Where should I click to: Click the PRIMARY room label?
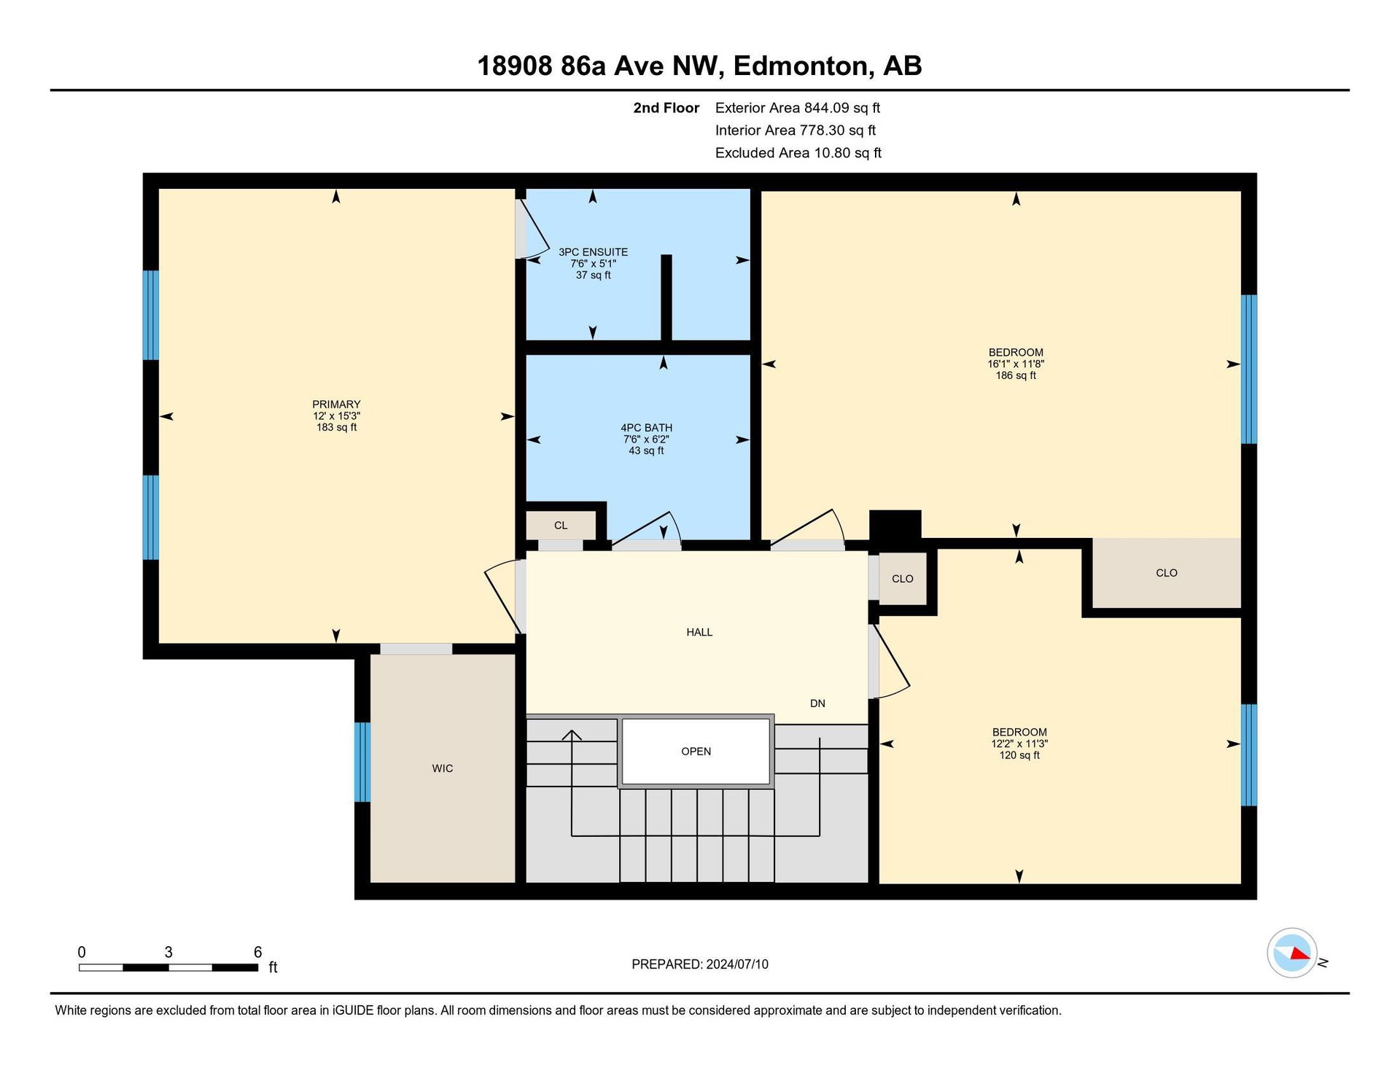click(x=336, y=405)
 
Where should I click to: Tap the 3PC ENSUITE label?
click(x=593, y=252)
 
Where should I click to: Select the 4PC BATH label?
click(x=646, y=428)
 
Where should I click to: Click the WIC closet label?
click(x=443, y=768)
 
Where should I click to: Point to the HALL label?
click(x=699, y=632)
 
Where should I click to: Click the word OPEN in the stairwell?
click(x=696, y=752)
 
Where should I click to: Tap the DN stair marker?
click(x=817, y=703)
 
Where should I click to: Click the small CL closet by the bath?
click(x=561, y=526)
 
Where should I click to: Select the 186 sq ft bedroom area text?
click(x=1016, y=375)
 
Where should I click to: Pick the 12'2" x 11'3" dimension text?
click(x=1019, y=744)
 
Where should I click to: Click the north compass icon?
click(x=1292, y=953)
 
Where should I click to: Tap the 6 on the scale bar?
click(x=257, y=952)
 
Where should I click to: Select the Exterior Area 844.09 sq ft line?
click(x=798, y=108)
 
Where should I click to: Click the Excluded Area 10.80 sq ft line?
click(x=798, y=153)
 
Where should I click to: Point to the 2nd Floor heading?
click(x=666, y=108)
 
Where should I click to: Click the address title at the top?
click(x=699, y=66)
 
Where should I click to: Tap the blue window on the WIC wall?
click(x=362, y=762)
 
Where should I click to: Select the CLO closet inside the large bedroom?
click(x=1167, y=573)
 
